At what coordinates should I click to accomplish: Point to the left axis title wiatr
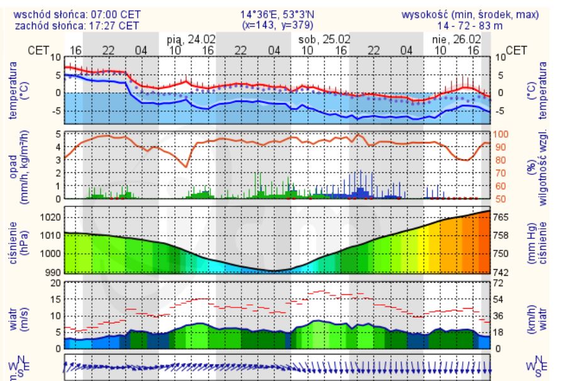tap(13, 316)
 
